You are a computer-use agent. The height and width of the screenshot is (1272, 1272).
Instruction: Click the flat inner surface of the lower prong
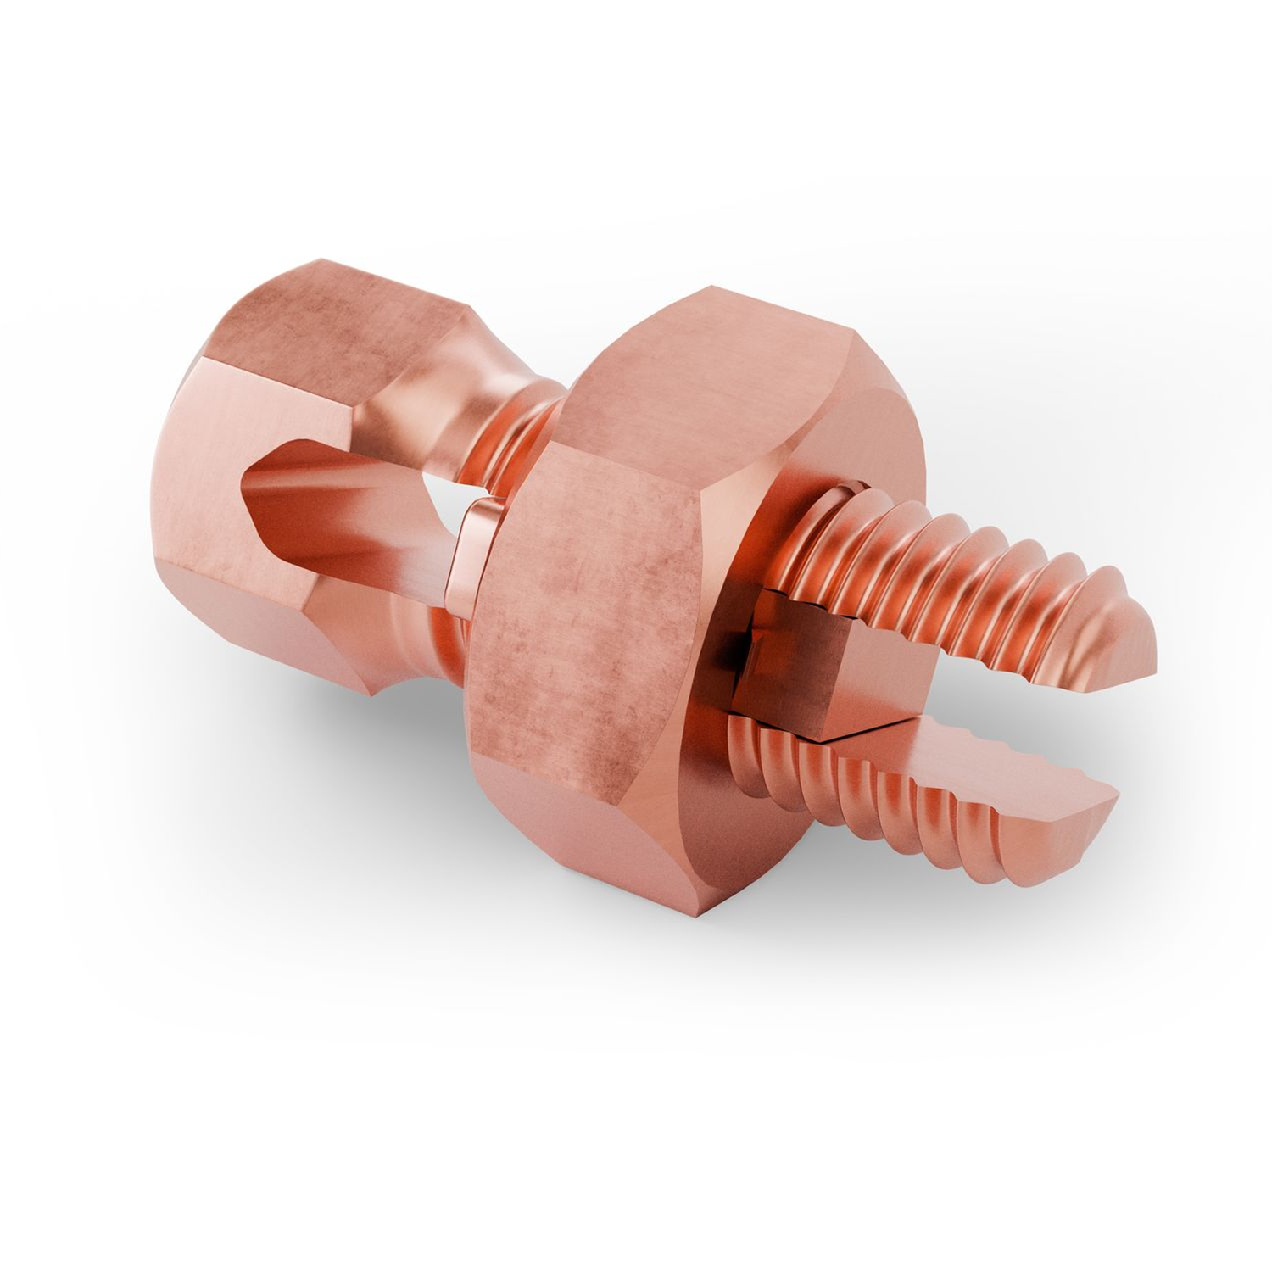[x=975, y=746]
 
